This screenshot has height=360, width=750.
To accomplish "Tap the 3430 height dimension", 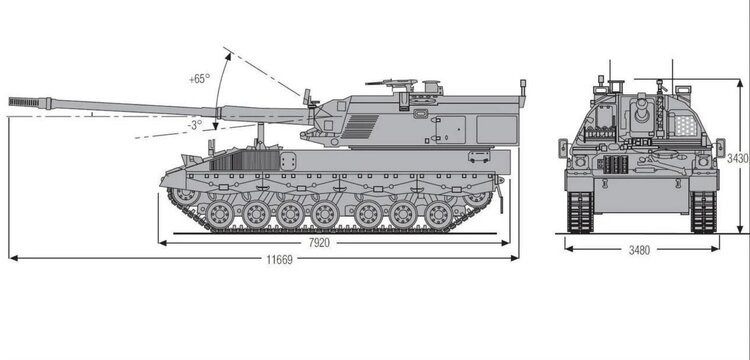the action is point(737,157).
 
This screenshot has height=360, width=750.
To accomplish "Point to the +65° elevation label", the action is point(199,78).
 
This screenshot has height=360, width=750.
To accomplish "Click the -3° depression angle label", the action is point(195,124).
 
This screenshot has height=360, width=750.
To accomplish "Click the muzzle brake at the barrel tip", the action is point(27,101).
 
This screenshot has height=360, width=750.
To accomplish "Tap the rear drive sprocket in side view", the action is point(477,197).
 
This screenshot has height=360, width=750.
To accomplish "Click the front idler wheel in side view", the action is point(184,195).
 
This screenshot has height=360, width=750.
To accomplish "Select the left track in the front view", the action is point(580,211).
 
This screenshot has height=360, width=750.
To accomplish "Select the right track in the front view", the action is point(704,211).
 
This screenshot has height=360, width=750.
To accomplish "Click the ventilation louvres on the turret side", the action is point(362,126).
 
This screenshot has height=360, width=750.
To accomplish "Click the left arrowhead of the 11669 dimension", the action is point(11,258).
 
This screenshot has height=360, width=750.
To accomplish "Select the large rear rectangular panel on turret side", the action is point(496,128).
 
